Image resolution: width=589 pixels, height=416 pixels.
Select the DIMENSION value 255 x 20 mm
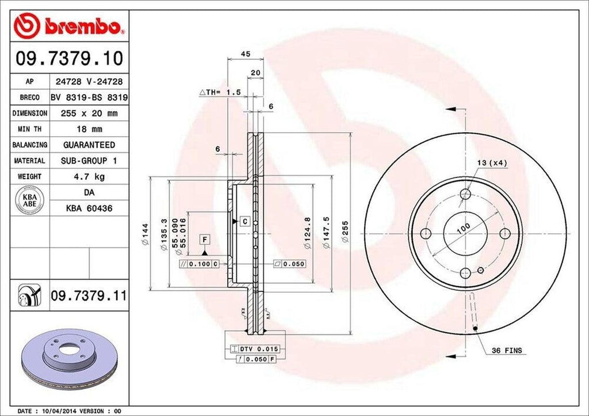tap(88, 114)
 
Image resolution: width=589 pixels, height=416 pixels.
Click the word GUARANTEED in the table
tap(88, 145)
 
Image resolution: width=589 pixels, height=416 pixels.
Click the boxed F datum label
tap(205, 238)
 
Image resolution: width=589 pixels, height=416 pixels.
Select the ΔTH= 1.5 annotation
tap(219, 92)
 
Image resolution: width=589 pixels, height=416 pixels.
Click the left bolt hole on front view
tap(426, 233)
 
